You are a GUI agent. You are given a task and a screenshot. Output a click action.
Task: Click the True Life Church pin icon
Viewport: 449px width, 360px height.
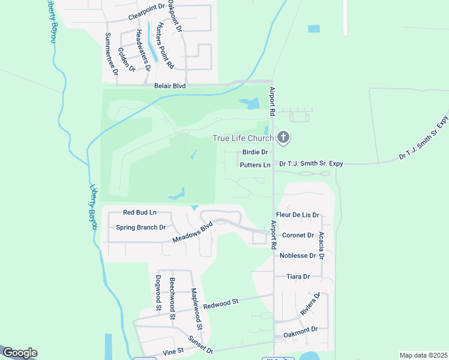(x=283, y=139)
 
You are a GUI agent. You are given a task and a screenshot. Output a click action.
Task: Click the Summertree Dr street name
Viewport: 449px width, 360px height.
(x=112, y=53)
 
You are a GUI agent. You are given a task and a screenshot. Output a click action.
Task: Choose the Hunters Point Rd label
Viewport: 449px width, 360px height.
(x=164, y=46)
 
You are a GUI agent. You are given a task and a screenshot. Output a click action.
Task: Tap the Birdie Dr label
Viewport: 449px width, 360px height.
(x=255, y=152)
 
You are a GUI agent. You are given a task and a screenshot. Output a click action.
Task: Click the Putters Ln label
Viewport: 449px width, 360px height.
(x=255, y=165)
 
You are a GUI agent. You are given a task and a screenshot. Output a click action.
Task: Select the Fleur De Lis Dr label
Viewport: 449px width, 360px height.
(x=297, y=215)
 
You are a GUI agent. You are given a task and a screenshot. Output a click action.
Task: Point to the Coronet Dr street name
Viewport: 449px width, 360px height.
(x=298, y=235)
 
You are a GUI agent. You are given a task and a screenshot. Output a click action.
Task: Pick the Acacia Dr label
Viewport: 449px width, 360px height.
(x=322, y=245)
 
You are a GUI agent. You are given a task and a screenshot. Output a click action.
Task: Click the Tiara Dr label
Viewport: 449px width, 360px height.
(x=298, y=277)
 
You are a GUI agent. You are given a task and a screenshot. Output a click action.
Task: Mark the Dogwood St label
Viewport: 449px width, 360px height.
(x=158, y=293)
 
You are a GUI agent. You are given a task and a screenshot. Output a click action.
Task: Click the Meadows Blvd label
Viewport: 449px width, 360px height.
(x=193, y=232)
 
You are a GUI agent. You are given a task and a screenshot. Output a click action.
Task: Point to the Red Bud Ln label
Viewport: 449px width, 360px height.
(x=139, y=212)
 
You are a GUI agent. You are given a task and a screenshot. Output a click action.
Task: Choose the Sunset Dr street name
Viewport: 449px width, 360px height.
(x=200, y=344)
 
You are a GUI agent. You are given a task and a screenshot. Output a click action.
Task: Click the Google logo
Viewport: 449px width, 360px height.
(x=19, y=353)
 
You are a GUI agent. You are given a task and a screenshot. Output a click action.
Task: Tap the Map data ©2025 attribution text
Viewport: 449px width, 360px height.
(x=423, y=355)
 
